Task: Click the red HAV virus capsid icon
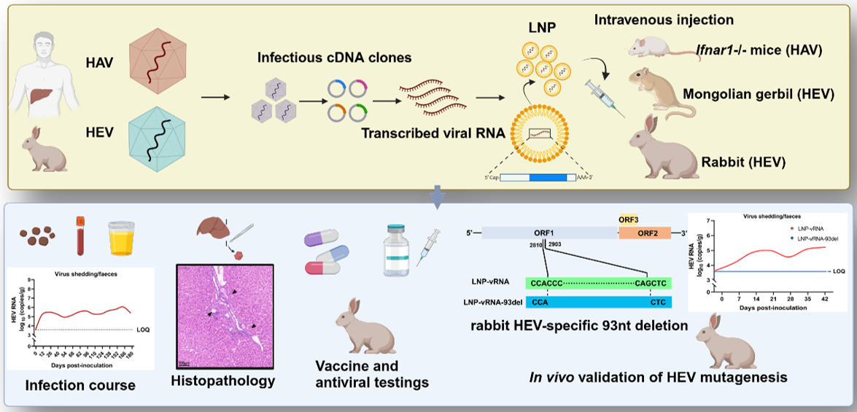tap(158, 63)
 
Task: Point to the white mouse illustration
tap(652, 48)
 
